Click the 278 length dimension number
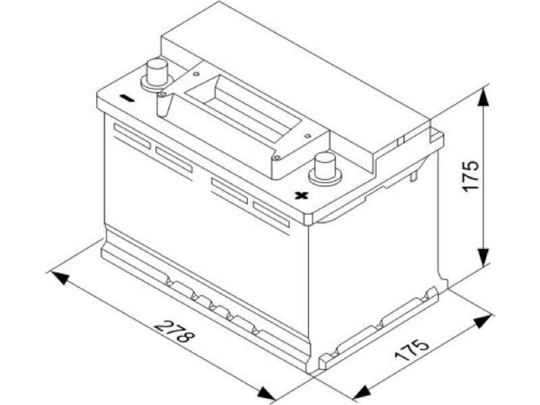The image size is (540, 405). coord(174,331)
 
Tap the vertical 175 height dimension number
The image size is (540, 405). coord(470,175)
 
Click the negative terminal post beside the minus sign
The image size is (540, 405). coord(157,75)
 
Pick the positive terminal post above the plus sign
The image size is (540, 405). coord(325,169)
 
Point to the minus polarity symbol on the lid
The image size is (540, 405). coord(127,99)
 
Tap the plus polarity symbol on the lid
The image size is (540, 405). coord(301,196)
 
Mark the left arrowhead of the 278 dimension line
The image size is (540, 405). coord(61,277)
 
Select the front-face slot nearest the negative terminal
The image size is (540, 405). coord(132,136)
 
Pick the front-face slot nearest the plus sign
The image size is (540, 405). coord(271,214)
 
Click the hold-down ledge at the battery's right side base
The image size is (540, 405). coord(379,328)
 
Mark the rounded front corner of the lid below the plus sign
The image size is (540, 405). coord(308,219)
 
